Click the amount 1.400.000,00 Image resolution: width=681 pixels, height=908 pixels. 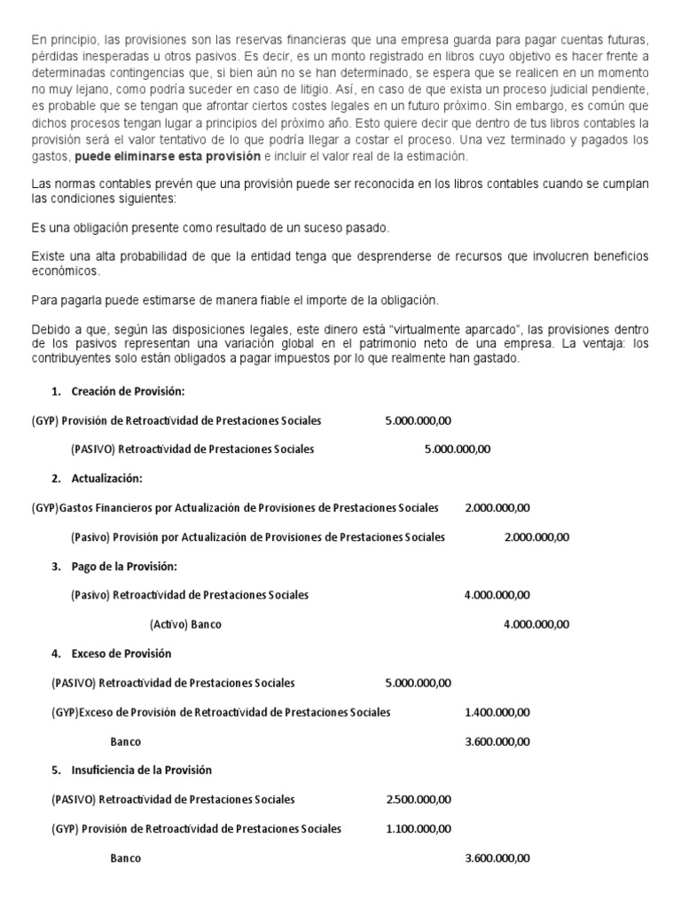(x=497, y=712)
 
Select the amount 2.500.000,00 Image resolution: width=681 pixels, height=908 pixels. (x=419, y=799)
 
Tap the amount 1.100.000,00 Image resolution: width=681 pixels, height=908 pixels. (x=419, y=828)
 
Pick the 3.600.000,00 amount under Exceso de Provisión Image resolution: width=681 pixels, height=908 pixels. (x=497, y=741)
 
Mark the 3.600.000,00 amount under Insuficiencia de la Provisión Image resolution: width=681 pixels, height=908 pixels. (x=497, y=857)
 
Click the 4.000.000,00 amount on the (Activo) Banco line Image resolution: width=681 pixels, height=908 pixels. (x=536, y=624)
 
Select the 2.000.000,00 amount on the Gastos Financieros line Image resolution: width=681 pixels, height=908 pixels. (x=497, y=508)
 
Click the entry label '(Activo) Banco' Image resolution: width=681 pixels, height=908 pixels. (x=185, y=624)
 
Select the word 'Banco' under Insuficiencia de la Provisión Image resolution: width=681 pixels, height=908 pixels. (x=126, y=857)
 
